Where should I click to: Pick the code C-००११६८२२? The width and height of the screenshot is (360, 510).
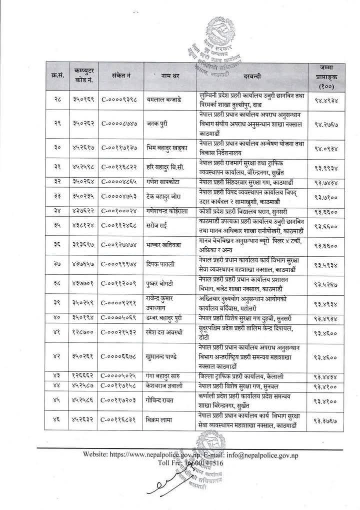tap(120, 168)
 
